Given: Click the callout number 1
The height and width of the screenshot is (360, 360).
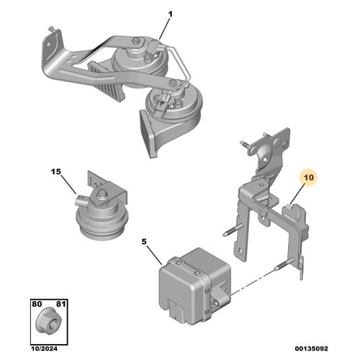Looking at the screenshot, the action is (170, 14).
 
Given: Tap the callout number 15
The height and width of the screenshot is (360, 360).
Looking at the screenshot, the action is (56, 172).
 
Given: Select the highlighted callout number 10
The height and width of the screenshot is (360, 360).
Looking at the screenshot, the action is (309, 178).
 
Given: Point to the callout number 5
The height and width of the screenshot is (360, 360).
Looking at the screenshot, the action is (144, 242).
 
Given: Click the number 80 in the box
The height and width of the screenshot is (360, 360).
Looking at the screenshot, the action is (37, 304).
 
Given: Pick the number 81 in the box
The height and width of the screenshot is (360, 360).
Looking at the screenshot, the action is (61, 304).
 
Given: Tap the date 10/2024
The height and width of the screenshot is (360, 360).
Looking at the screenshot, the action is (45, 348).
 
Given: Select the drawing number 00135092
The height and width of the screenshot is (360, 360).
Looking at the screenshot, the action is (312, 348).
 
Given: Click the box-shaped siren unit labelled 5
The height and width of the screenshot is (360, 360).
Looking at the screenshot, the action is (194, 286).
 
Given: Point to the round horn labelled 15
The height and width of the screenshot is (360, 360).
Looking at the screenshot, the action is (102, 207).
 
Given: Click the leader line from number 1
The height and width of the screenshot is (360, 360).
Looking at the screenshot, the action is (165, 28).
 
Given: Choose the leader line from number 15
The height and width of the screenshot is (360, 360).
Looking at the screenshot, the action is (68, 184).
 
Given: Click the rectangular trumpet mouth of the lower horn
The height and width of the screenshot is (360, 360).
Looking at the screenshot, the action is (146, 134).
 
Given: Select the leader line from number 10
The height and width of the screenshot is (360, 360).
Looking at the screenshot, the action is (297, 193).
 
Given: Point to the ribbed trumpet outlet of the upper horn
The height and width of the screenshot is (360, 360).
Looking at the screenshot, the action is (106, 81).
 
